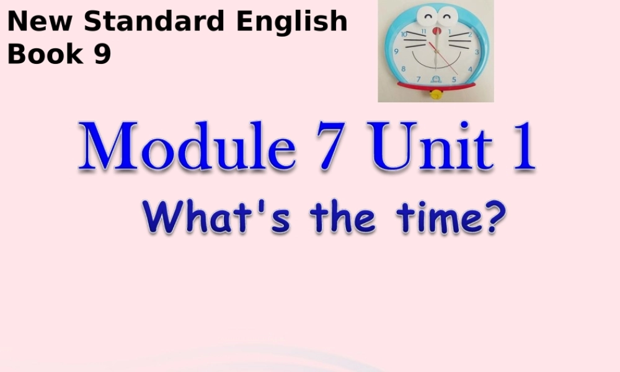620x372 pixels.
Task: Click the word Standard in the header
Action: point(156,22)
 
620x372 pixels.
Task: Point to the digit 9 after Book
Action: point(103,54)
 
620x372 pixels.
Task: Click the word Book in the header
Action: point(45,54)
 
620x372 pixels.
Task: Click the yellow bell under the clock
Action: point(436,94)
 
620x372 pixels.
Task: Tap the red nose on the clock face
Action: point(436,30)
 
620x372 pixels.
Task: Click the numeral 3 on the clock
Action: point(476,52)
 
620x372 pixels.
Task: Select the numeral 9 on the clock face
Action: point(396,51)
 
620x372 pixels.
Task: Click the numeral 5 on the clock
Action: point(456,79)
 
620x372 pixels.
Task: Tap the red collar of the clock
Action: point(436,86)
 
